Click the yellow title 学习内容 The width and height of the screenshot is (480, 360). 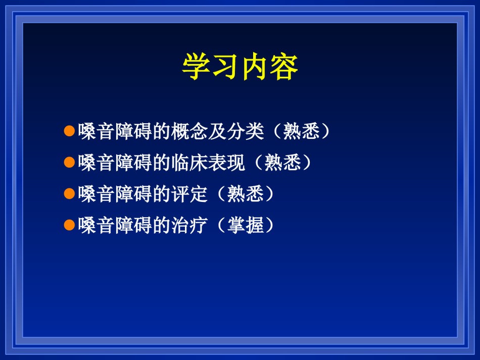(x=240, y=66)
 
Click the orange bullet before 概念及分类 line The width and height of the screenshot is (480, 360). (x=70, y=131)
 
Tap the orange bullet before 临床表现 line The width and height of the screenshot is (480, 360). (x=70, y=162)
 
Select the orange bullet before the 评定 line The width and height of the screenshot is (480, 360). (x=70, y=193)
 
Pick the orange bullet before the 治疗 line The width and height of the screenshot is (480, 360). (x=70, y=225)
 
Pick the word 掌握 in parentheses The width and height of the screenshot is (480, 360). (x=246, y=225)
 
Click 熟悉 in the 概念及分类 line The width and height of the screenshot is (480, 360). (x=301, y=131)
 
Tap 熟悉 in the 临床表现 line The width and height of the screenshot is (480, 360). (x=282, y=163)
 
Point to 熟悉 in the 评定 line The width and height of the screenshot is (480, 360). (x=246, y=194)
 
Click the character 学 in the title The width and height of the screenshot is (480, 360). (x=196, y=66)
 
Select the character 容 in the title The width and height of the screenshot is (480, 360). (x=284, y=66)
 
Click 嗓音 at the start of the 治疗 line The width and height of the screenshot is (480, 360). (x=97, y=225)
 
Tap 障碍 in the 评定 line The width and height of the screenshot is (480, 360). (x=134, y=194)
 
